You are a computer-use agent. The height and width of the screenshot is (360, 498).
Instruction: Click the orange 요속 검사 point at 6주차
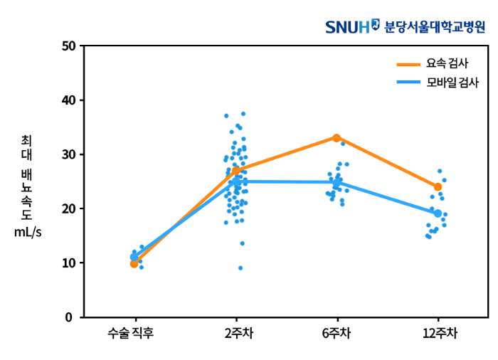(x=337, y=137)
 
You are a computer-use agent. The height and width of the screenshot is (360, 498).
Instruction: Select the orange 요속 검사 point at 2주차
(x=235, y=170)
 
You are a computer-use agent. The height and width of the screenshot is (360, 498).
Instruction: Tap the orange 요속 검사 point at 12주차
(x=438, y=186)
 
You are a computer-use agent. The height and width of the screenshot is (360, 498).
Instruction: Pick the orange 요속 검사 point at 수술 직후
(x=134, y=264)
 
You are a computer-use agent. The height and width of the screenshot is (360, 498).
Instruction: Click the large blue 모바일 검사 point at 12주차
(x=438, y=213)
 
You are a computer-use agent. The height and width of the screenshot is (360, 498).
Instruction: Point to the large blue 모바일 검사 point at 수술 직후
(x=134, y=257)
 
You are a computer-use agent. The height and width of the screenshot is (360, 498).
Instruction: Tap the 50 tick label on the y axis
(x=68, y=46)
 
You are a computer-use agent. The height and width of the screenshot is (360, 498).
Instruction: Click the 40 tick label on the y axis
(x=68, y=100)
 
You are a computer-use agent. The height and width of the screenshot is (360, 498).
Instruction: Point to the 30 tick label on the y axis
(x=68, y=154)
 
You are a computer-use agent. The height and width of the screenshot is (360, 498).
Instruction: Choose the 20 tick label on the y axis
(x=68, y=208)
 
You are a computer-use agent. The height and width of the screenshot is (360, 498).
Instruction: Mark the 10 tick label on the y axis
(x=68, y=263)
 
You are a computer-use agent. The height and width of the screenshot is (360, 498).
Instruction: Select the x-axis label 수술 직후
(x=134, y=332)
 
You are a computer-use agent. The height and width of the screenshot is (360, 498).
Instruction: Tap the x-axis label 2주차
(x=235, y=332)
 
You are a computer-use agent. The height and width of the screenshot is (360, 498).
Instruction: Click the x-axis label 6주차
(x=337, y=332)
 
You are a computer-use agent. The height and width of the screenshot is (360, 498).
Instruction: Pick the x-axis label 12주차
(x=438, y=332)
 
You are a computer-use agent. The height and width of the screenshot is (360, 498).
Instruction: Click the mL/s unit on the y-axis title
(x=28, y=233)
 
